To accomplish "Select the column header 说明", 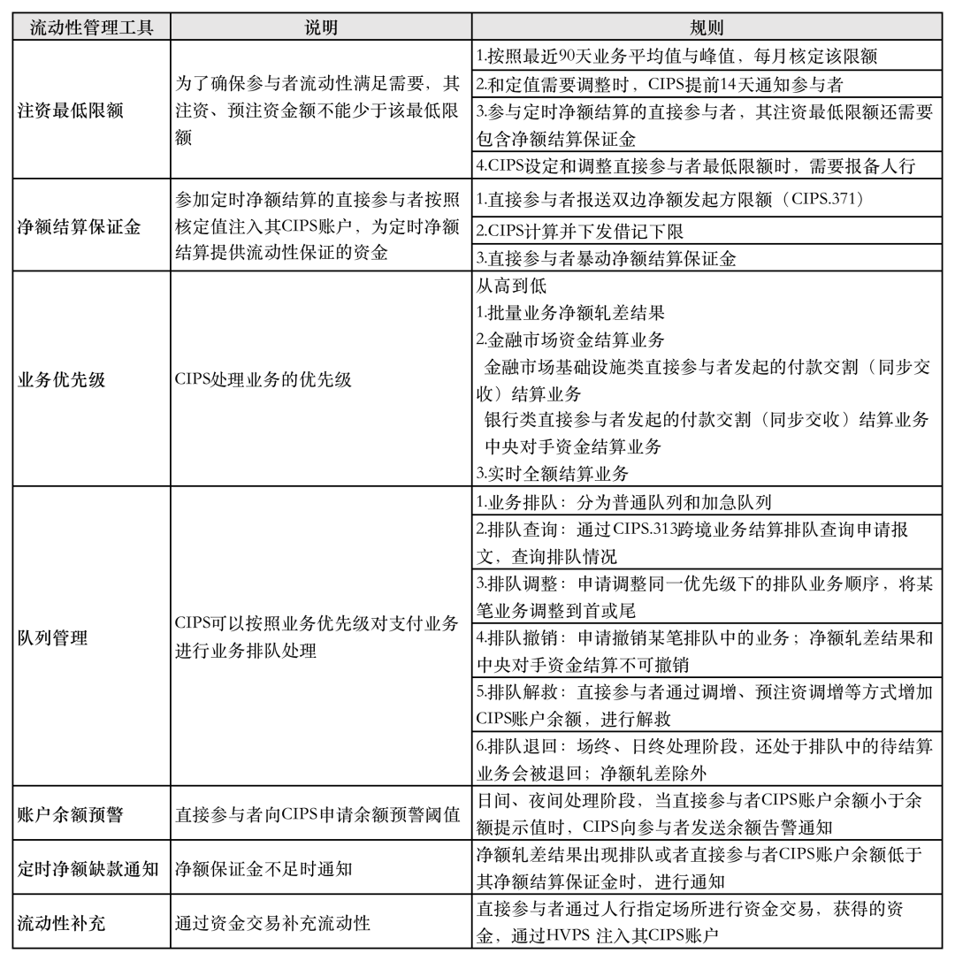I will click(321, 27).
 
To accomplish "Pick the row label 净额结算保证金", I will click(80, 226).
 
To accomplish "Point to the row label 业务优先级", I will click(62, 379).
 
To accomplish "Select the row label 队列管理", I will click(53, 637).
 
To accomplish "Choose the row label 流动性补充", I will click(62, 922).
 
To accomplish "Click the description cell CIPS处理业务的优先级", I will click(264, 379).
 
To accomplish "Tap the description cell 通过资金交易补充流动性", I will click(272, 922).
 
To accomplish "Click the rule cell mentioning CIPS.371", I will click(669, 199).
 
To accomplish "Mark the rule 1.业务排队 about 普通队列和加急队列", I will click(623, 502).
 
